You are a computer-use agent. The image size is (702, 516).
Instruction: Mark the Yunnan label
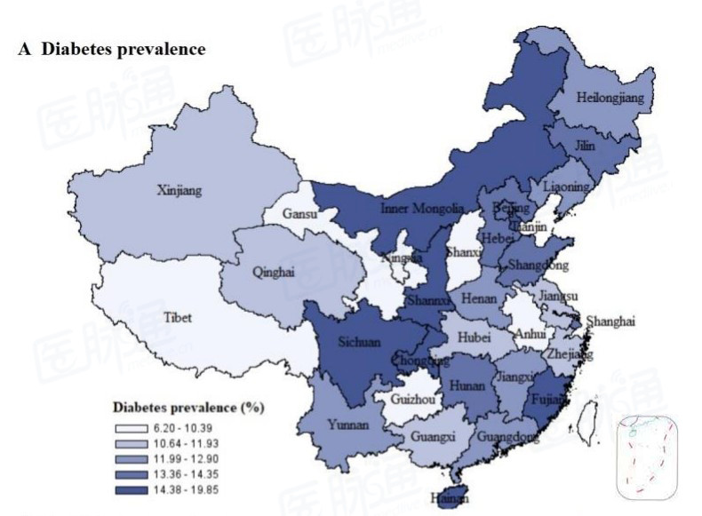tap(347, 425)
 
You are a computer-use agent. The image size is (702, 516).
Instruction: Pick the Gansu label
tap(301, 214)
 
